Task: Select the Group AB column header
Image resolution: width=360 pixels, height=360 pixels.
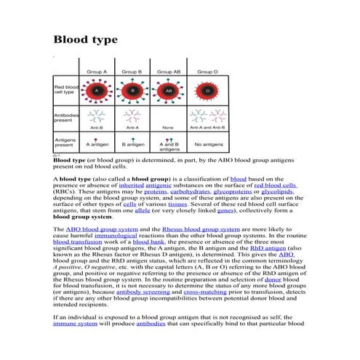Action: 169,72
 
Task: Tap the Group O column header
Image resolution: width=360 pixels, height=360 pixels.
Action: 207,72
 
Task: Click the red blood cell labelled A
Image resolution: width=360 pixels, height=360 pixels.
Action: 96,91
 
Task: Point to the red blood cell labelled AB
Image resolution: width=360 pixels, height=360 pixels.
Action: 169,91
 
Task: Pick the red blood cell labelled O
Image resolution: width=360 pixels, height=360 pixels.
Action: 207,91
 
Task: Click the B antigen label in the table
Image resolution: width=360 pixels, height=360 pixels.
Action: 132,144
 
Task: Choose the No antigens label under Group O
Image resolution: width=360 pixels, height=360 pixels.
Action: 207,144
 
